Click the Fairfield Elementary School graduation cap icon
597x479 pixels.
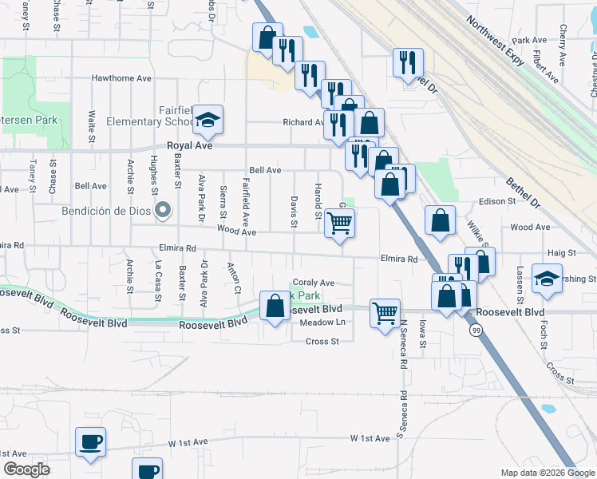208,121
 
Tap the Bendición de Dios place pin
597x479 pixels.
163,212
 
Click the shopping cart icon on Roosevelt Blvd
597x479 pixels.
385,312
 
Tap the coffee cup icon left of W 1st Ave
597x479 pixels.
90,441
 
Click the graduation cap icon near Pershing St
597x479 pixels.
547,277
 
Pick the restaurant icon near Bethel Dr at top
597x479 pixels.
408,61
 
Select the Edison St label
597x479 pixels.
498,202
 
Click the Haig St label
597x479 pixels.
562,252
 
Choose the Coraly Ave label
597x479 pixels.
314,283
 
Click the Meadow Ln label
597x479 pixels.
323,322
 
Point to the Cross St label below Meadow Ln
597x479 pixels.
322,341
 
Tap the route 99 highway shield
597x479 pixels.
476,330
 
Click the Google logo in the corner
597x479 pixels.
27,469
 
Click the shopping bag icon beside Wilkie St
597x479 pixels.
440,220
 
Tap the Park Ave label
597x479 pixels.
530,40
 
